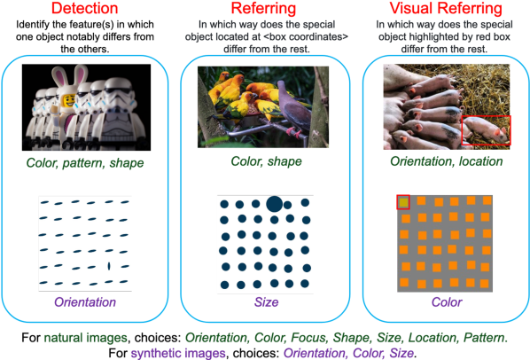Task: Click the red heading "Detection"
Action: point(84,8)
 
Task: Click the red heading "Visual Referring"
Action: point(446,8)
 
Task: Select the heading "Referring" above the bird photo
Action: point(263,8)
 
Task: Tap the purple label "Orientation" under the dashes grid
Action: point(85,301)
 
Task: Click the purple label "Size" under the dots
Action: point(267,301)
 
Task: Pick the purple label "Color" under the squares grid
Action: point(447,301)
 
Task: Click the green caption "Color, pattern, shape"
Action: point(85,163)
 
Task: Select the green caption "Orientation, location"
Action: point(447,161)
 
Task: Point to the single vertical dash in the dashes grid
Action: point(109,266)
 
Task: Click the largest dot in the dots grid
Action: point(274,204)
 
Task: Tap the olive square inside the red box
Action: point(403,202)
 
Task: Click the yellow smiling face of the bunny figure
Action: point(69,100)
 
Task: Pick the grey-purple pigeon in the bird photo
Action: point(292,110)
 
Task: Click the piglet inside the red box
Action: point(486,129)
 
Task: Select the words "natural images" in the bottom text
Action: point(85,337)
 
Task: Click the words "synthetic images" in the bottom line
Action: point(178,353)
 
